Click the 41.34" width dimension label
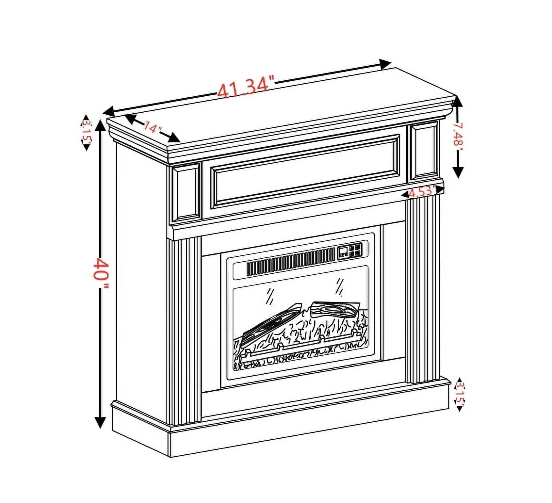coord(246,87)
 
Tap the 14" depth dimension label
coord(153,127)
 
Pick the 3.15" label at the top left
coord(86,132)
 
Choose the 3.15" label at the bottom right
coord(460,394)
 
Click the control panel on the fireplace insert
coord(350,251)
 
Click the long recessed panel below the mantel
coord(305,172)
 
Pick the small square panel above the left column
coord(186,192)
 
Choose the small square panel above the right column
coord(424,150)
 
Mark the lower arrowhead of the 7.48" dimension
coord(458,172)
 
